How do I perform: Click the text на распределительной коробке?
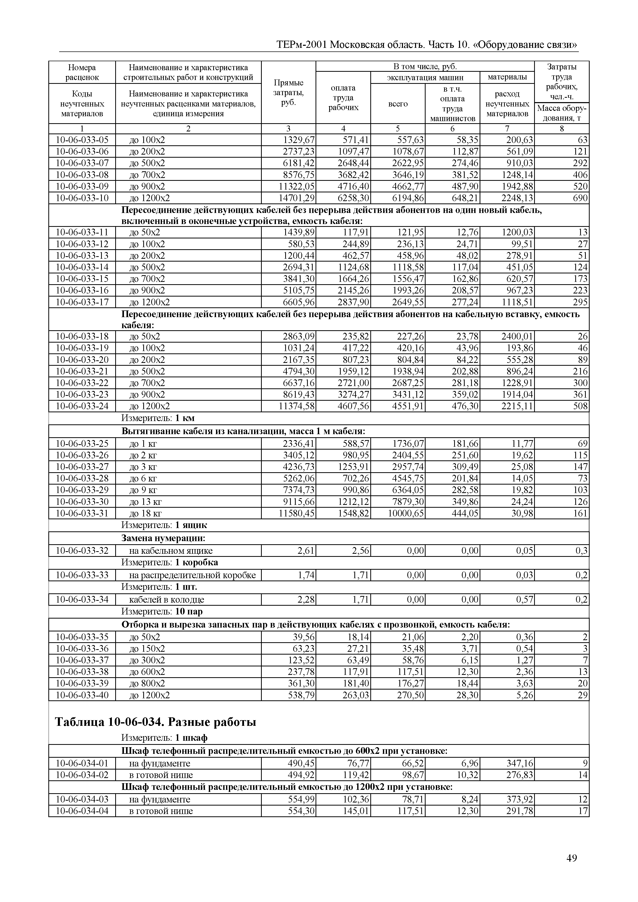point(192,575)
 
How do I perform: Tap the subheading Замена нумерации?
point(164,538)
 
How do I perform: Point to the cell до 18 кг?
point(145,513)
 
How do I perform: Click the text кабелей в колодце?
point(167,600)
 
